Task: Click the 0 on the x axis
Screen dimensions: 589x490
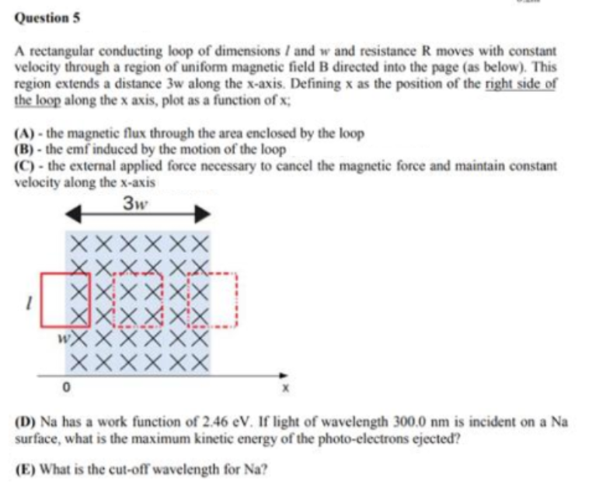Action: click(x=67, y=385)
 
